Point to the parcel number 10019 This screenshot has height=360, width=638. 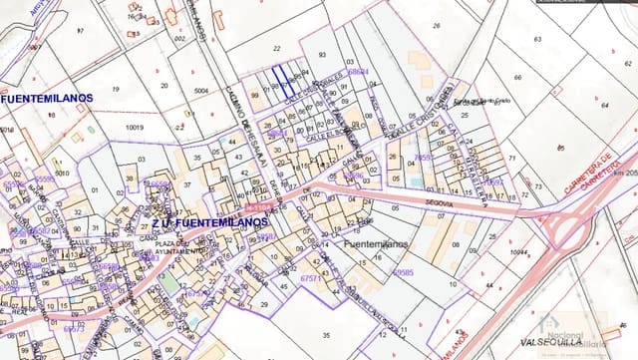click(134, 128)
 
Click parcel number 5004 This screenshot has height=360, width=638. click(201, 91)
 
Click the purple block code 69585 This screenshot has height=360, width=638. click(403, 271)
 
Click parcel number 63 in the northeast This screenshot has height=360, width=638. click(537, 39)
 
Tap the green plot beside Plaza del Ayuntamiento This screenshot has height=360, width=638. click(170, 283)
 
